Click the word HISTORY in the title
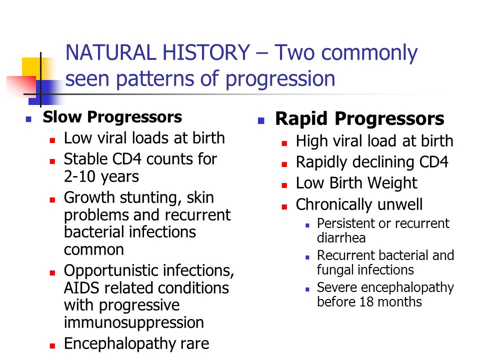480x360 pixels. tap(206, 52)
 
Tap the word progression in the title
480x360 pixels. tap(280, 79)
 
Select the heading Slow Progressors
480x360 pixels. tap(112, 117)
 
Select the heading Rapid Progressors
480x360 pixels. tap(359, 119)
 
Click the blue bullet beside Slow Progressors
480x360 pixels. tap(29, 119)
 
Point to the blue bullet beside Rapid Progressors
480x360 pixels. tap(261, 121)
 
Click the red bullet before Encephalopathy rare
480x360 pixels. tap(52, 346)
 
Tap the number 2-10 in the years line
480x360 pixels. tap(79, 176)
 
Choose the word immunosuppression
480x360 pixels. tap(134, 322)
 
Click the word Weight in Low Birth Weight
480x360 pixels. tap(392, 183)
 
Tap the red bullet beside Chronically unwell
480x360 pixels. tap(284, 207)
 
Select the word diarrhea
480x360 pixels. tap(341, 238)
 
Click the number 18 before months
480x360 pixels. tap(366, 302)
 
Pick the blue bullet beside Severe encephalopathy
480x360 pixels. tap(307, 289)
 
